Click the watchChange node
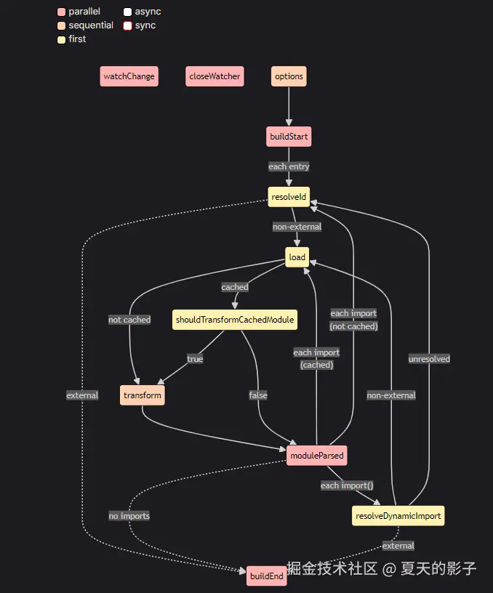[x=129, y=76]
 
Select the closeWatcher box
[x=214, y=76]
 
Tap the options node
[x=289, y=76]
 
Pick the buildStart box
[x=289, y=137]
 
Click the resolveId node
[x=289, y=197]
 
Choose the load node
[x=297, y=257]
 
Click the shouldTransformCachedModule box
[x=236, y=320]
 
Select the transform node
[x=143, y=395]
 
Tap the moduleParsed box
[x=316, y=456]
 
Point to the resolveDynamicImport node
[x=398, y=516]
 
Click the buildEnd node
[x=267, y=576]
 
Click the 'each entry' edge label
[x=289, y=166]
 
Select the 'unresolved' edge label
[x=429, y=358]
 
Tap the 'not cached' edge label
[x=129, y=320]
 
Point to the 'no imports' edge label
[x=129, y=516]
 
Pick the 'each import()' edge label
[x=347, y=485]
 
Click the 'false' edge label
[x=258, y=395]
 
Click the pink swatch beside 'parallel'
[x=62, y=12]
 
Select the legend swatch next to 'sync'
[x=127, y=25]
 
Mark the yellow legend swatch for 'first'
[x=62, y=39]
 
